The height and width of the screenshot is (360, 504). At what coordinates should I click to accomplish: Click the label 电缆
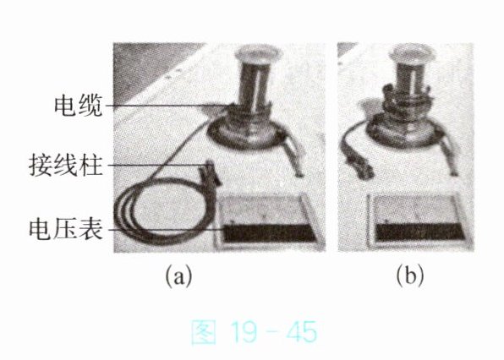(x=78, y=106)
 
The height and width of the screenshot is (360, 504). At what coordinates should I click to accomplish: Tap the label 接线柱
(x=66, y=166)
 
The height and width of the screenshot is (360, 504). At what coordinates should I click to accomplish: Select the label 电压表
(x=66, y=229)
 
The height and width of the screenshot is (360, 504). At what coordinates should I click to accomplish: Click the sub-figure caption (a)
(x=178, y=276)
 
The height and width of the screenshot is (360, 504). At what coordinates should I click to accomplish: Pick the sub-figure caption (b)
(x=410, y=276)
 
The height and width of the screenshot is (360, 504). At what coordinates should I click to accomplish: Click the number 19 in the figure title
(x=244, y=332)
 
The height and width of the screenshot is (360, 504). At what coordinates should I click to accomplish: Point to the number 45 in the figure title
(x=302, y=332)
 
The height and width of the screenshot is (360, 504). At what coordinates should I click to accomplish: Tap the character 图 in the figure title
(x=204, y=332)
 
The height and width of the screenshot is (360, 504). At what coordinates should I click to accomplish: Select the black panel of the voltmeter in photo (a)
(x=270, y=233)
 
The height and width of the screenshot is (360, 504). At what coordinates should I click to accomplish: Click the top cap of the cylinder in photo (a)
(x=258, y=53)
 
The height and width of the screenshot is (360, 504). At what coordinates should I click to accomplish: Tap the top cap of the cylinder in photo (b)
(x=412, y=53)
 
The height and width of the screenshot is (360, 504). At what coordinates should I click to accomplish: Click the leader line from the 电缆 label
(x=172, y=106)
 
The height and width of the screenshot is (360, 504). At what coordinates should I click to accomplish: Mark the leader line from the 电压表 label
(x=166, y=230)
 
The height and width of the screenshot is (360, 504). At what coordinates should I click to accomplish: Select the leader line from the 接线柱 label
(x=158, y=166)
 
